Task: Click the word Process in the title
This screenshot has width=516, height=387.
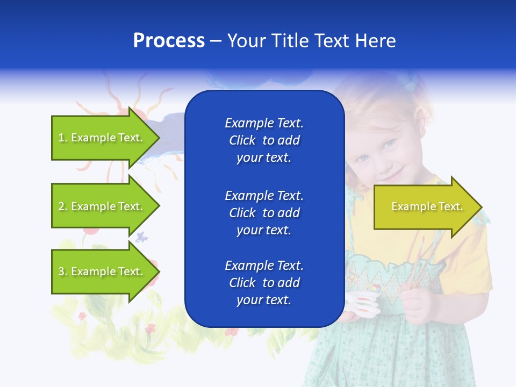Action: coord(169,41)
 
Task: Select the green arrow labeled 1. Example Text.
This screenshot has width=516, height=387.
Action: coord(102,138)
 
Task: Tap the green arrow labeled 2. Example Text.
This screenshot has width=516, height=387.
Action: coord(102,206)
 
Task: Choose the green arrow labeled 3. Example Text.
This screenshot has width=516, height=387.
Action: coord(102,271)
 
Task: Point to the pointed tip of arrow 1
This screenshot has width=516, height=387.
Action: coord(159,138)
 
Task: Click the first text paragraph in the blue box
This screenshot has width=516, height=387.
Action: coord(264,140)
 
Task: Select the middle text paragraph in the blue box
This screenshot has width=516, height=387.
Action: coord(264,213)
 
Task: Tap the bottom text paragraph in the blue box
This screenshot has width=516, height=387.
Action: coord(264,283)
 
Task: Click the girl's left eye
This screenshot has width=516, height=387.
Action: coord(388,144)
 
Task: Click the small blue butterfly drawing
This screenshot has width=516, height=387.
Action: coord(141,237)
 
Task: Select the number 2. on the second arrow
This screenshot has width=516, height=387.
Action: coord(63,206)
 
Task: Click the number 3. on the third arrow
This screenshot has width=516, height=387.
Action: coord(63,271)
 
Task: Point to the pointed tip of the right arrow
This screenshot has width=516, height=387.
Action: coord(481,207)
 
